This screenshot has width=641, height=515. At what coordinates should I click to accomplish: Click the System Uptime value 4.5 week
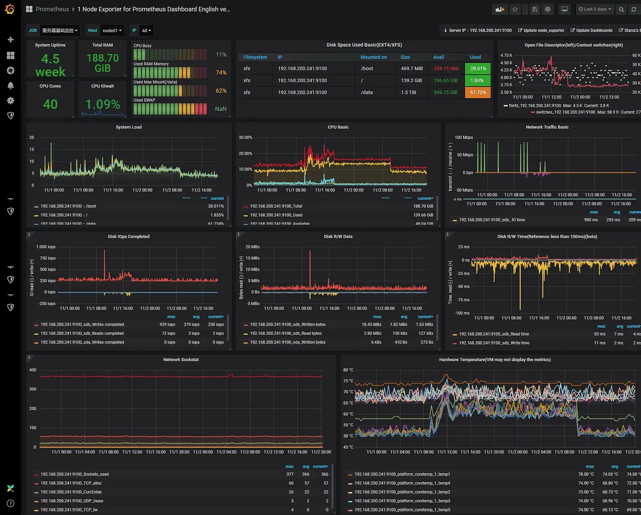[50, 65]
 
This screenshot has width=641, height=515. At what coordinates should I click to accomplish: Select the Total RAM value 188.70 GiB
[103, 63]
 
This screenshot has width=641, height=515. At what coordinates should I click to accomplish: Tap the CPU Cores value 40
[50, 104]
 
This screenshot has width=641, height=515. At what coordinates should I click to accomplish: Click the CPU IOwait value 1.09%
[103, 104]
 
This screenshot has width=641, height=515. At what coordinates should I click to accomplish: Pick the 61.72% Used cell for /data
[478, 93]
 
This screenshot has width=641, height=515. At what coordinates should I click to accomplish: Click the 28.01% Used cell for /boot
[478, 69]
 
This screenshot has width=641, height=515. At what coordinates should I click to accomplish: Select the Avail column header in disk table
[439, 57]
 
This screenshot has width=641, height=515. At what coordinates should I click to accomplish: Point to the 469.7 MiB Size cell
[412, 69]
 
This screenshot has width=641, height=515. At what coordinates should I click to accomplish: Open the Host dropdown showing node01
[112, 31]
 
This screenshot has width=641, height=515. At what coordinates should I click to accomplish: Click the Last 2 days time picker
[594, 9]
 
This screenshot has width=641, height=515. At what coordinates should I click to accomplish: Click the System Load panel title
[129, 127]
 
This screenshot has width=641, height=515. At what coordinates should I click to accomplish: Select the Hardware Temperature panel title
[494, 360]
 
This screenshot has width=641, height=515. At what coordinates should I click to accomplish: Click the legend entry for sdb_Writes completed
[82, 324]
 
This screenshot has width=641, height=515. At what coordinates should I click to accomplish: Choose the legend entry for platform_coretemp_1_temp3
[402, 501]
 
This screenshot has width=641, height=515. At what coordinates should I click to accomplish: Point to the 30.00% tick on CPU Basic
[245, 137]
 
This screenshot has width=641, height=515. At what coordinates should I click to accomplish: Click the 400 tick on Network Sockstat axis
[33, 370]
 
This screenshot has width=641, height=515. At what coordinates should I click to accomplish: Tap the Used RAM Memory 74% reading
[221, 73]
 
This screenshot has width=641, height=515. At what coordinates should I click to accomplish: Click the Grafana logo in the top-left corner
[10, 9]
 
